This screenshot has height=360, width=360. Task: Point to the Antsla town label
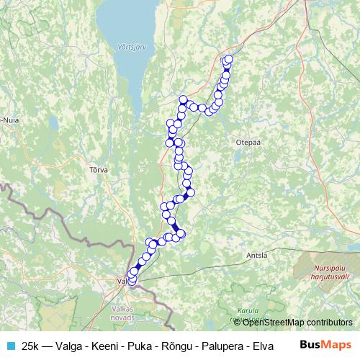point(256,255)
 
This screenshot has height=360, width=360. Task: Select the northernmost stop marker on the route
point(229,59)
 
